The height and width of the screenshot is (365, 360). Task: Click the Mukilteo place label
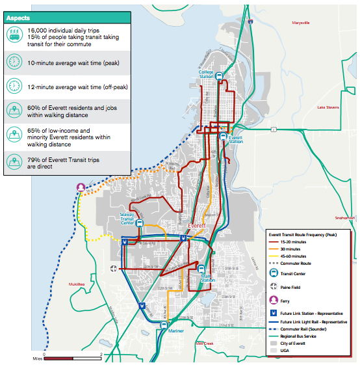77,284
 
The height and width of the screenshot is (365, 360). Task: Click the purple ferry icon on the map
81,187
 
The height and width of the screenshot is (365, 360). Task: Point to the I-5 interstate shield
250,21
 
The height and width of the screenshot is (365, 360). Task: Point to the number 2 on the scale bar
101,353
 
